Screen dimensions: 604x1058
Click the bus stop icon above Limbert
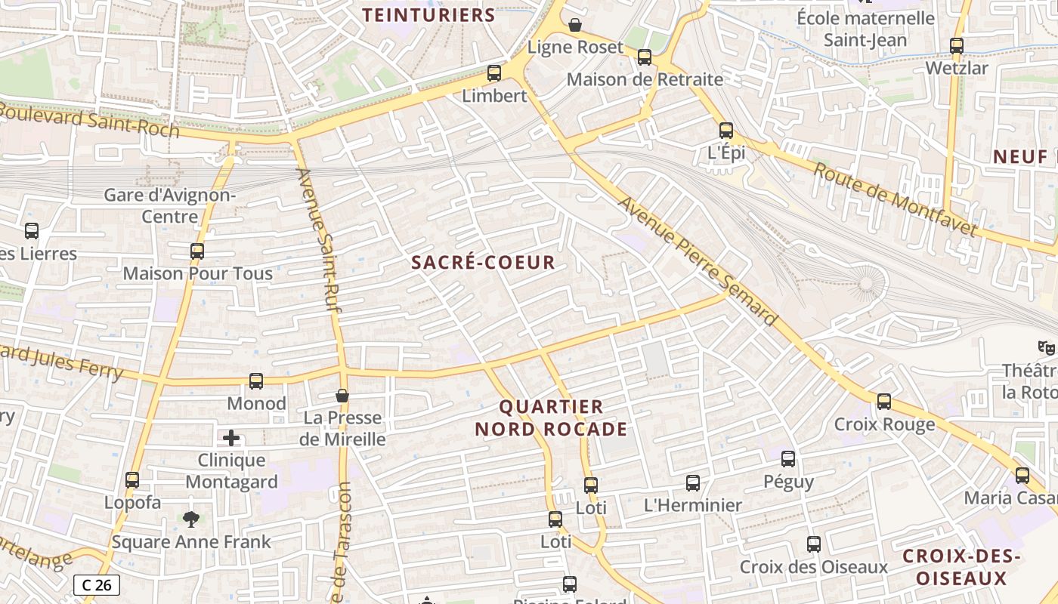(x=494, y=73)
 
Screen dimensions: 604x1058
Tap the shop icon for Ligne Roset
(x=575, y=26)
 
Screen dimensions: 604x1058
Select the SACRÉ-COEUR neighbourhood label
(x=483, y=263)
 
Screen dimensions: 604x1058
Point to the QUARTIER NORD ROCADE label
(x=551, y=418)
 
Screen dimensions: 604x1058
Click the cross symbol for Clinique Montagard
(x=231, y=438)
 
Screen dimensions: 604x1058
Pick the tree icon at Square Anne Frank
(x=191, y=519)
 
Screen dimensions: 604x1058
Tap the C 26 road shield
(x=97, y=584)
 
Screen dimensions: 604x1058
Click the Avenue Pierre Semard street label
(x=697, y=261)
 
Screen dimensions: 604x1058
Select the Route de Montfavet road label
(x=895, y=199)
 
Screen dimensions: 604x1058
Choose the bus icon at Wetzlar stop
(x=957, y=46)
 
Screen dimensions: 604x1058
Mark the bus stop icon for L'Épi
(x=726, y=131)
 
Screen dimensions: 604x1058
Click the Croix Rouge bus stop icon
(x=884, y=402)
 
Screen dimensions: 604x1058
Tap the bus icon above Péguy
(x=788, y=458)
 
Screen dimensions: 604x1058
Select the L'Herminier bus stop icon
(x=693, y=483)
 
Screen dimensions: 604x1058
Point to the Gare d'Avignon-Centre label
(x=170, y=206)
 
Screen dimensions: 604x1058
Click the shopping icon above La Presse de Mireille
(x=342, y=396)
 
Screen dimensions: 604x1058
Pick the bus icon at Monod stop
(x=256, y=381)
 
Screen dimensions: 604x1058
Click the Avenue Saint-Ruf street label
(x=317, y=234)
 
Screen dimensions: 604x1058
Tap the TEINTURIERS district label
(x=428, y=15)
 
